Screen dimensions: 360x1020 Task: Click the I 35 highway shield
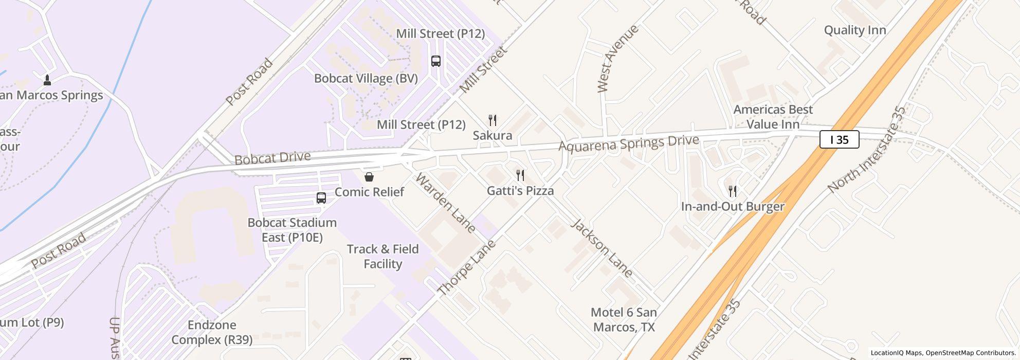pos(839,140)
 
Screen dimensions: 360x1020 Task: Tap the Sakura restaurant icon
pos(493,120)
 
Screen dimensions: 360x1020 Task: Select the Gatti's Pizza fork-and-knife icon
pos(520,175)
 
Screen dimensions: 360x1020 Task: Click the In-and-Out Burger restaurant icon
pos(733,191)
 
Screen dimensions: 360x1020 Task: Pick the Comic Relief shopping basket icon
pos(369,177)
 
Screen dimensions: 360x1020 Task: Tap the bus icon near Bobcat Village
pos(436,61)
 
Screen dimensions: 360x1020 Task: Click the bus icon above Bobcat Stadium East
pos(321,197)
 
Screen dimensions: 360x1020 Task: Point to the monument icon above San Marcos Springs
pos(47,80)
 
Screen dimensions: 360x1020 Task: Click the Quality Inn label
pos(855,30)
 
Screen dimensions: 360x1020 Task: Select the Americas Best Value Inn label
pos(773,117)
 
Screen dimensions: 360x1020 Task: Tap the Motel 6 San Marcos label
pos(624,319)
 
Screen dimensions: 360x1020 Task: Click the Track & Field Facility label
pos(383,256)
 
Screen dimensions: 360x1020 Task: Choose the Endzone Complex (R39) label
pos(212,332)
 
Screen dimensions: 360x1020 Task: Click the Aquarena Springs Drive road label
pos(628,143)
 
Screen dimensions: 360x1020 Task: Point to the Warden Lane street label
pos(445,203)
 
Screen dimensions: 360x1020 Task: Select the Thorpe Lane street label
pos(467,267)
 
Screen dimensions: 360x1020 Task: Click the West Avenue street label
pos(618,58)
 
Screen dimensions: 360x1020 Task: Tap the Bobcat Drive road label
pos(272,158)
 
